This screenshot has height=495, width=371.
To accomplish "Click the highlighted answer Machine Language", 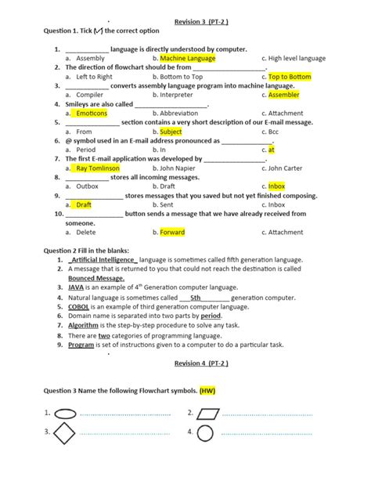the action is (187, 58).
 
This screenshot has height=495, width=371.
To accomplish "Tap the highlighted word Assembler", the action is (283, 95).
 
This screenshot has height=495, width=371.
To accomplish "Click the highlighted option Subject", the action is (171, 132).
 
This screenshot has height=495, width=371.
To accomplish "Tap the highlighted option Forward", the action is (172, 232).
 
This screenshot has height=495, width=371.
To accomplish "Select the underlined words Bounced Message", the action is (95, 278).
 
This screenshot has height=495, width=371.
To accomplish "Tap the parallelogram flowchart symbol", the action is (209, 413).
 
